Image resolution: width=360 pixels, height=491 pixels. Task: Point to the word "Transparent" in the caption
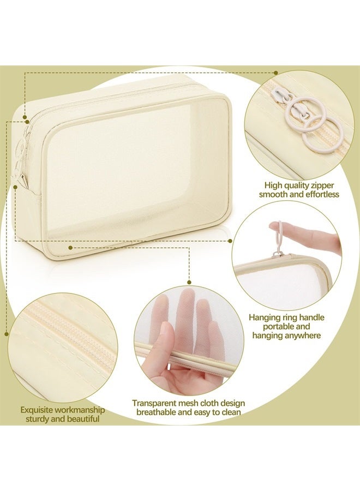pyautogui.click(x=154, y=403)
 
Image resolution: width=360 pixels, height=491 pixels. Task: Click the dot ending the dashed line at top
pyautogui.click(x=276, y=72)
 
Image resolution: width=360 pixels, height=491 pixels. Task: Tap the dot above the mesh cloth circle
pyautogui.click(x=189, y=282)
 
